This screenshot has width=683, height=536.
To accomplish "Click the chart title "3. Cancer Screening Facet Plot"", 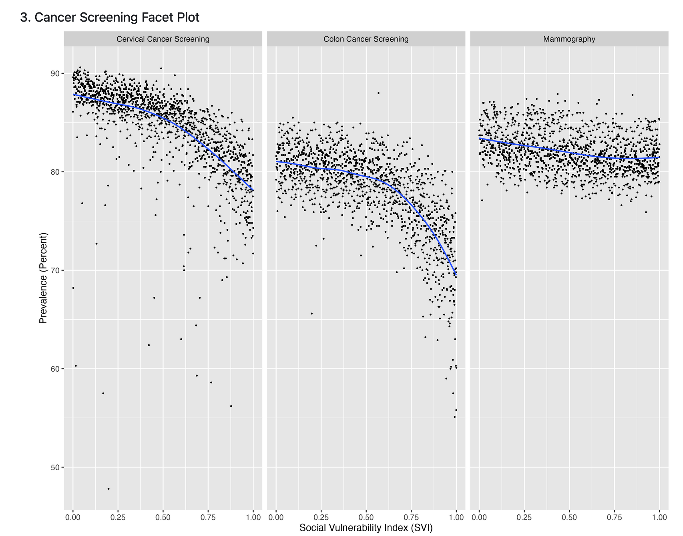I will [110, 18].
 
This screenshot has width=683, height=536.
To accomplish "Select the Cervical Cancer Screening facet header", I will [163, 39].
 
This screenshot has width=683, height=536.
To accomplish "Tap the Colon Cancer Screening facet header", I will [366, 39].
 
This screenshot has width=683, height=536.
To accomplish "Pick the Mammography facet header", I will [569, 39].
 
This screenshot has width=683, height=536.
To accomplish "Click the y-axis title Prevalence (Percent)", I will [43, 278].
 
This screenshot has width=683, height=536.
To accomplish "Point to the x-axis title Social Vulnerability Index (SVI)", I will [366, 528].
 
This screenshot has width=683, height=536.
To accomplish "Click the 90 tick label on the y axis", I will [54, 73].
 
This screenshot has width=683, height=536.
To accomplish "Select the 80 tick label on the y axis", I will [54, 172].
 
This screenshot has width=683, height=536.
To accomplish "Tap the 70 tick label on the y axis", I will [54, 270].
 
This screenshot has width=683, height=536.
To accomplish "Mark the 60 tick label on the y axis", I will [54, 369].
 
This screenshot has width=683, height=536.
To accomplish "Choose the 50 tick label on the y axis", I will [54, 467].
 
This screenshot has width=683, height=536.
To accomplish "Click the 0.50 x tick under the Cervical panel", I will [163, 517].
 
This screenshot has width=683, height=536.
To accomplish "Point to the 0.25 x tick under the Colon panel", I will [321, 517].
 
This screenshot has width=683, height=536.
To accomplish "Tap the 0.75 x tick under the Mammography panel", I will [614, 517].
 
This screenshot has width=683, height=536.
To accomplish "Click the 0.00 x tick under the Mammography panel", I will [479, 517].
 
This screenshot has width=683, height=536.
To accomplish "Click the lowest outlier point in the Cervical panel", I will [108, 489].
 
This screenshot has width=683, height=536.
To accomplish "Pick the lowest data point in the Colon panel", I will [454, 417].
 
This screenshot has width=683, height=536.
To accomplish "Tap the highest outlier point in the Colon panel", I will [378, 93].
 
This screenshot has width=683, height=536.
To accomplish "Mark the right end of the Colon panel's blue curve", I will [456, 275].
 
